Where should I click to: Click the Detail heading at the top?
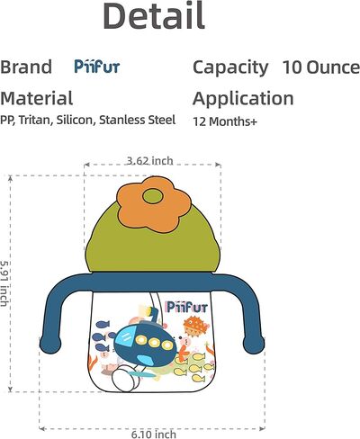point(154,15)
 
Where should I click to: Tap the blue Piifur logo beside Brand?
point(97,67)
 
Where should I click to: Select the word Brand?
point(26,67)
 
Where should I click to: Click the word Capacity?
point(230,67)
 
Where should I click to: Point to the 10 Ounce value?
point(321,67)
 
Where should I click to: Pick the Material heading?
point(36,98)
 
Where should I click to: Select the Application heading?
point(243,99)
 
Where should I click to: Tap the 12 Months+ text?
point(225,121)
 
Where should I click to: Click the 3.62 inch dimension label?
point(149,161)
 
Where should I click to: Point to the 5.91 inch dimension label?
point(4,283)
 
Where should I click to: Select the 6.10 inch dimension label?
point(154,435)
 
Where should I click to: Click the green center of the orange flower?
point(153,196)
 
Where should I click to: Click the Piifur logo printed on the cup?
point(187,307)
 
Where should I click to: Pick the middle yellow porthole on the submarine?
point(155,343)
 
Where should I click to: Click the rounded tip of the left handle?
point(50,344)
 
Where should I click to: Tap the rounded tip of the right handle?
point(254,345)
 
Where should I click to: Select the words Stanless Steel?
point(137,120)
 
